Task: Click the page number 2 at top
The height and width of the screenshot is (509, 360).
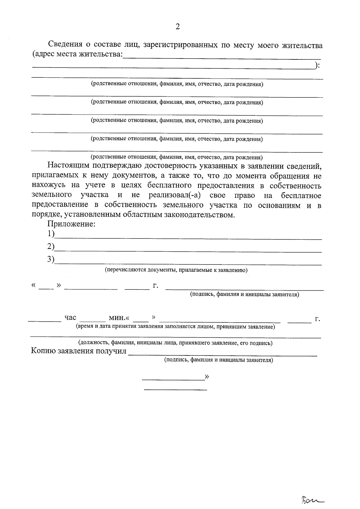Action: pyautogui.click(x=177, y=27)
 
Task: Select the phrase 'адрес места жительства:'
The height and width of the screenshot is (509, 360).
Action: pyautogui.click(x=77, y=55)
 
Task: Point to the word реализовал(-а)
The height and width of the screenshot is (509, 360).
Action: pyautogui.click(x=175, y=196)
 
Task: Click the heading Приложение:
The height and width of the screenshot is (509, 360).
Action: pyautogui.click(x=71, y=224)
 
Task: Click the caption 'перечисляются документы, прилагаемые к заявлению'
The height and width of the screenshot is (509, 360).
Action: pyautogui.click(x=176, y=270)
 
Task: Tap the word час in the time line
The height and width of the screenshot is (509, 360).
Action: pyautogui.click(x=70, y=318)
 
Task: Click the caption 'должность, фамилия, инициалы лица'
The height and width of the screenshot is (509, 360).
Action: pyautogui.click(x=175, y=343)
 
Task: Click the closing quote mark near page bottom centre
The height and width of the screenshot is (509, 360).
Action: pyautogui.click(x=206, y=376)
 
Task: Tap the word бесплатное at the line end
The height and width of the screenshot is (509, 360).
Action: pyautogui.click(x=301, y=196)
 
